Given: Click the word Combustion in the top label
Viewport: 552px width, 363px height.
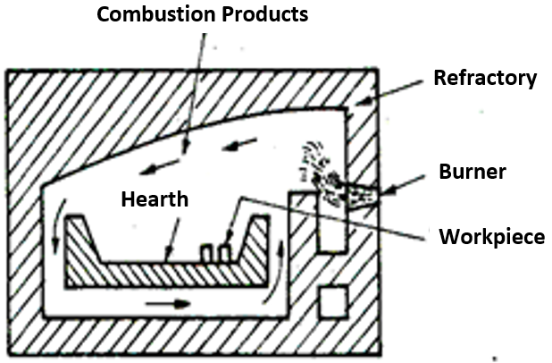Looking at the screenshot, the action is coord(156,14).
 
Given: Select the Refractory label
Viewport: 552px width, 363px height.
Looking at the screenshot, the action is coord(485,79).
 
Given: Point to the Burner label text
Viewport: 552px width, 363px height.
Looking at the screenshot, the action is coord(473,172).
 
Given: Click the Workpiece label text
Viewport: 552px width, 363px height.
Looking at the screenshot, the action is coord(492,237).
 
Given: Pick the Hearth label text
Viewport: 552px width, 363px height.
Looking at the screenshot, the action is coord(155,199).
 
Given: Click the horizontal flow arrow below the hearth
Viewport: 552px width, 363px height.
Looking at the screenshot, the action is coord(168,303).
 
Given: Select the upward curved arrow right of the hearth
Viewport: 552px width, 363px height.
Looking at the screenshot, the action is coord(276,272).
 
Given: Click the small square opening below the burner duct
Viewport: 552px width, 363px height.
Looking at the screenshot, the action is coord(333,302).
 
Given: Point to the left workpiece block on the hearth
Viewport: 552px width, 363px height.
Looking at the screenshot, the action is coord(206,253).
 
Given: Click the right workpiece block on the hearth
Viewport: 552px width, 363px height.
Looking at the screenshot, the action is coord(224,253).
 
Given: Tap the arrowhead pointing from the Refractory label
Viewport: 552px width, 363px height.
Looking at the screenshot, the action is coord(365,101).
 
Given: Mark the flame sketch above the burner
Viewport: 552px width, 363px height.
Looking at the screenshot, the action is coord(322,168).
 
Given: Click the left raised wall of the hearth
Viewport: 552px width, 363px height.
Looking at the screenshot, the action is coord(83,240).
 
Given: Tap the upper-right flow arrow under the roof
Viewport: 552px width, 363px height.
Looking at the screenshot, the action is coord(239,145).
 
